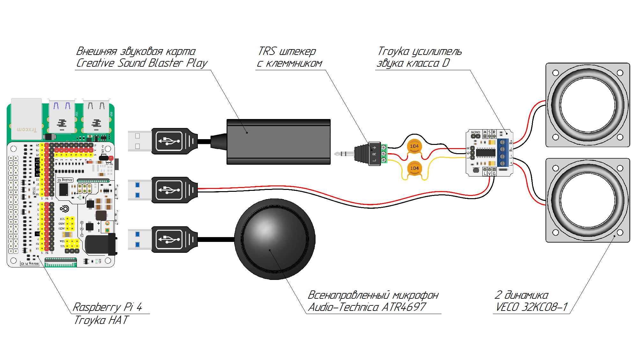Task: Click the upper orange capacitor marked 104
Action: [x=414, y=146]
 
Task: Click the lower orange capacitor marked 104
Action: [x=414, y=168]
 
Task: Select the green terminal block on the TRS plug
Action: [x=384, y=154]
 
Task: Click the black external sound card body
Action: [x=278, y=142]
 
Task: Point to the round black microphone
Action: [x=275, y=239]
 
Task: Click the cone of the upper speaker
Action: [x=588, y=105]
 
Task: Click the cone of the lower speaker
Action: [x=588, y=200]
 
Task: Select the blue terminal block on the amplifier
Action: [x=502, y=153]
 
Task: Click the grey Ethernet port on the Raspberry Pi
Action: [x=26, y=119]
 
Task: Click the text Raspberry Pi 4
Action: [x=108, y=307]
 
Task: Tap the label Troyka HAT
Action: [x=101, y=320]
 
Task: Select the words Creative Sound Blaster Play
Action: [x=142, y=63]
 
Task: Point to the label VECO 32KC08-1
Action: [x=531, y=307]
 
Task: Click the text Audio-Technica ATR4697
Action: [x=367, y=307]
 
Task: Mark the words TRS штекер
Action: [x=287, y=51]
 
